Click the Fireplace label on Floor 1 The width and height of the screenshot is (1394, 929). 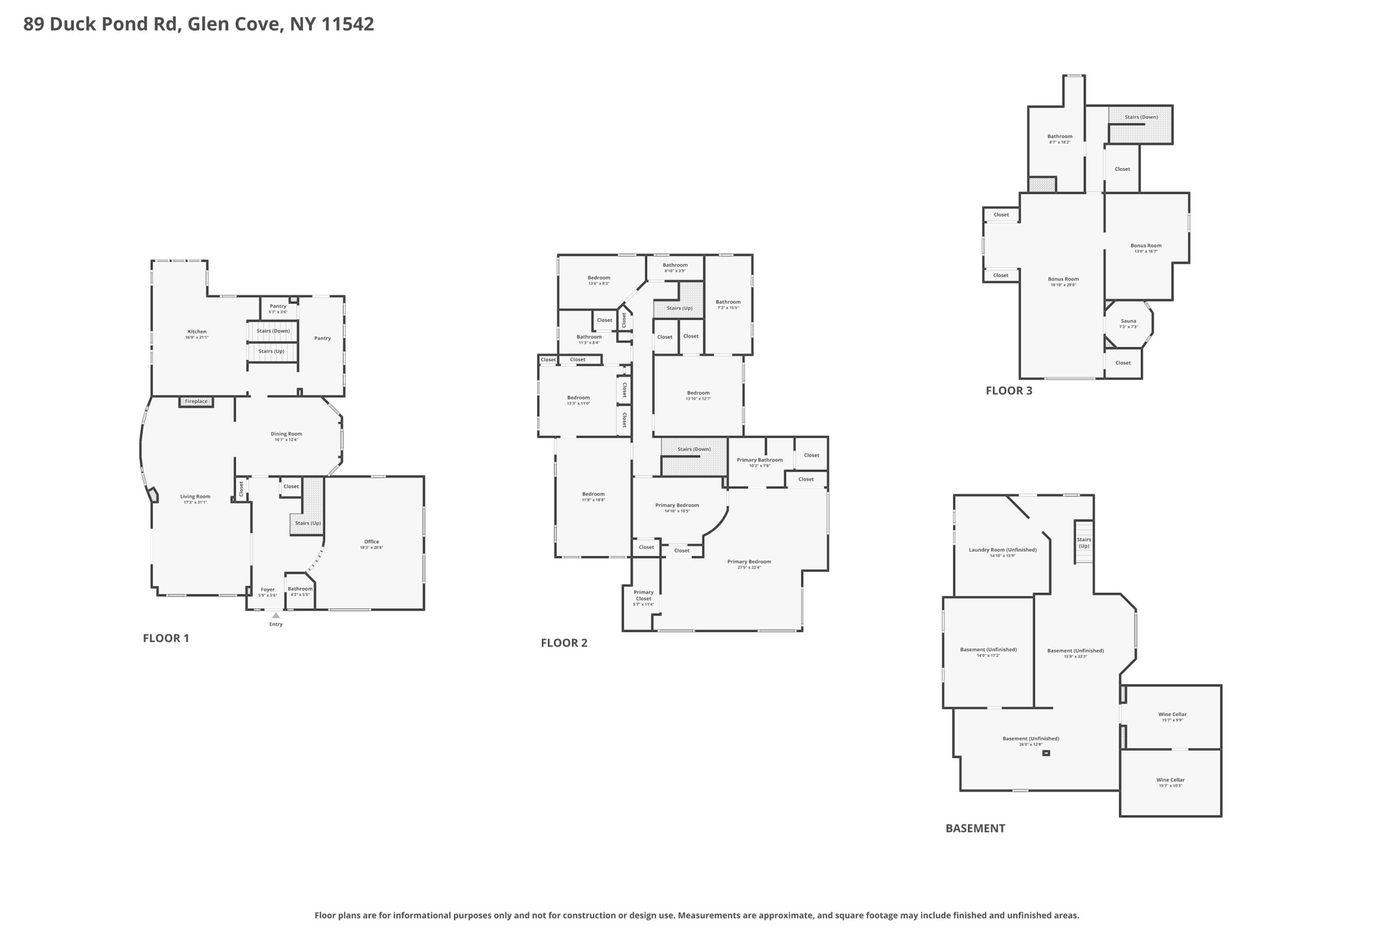(x=196, y=402)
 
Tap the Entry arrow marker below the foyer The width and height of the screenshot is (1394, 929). (x=276, y=616)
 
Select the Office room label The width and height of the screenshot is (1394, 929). (x=372, y=542)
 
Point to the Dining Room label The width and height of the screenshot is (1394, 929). (x=286, y=434)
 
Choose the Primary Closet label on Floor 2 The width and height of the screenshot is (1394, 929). (x=643, y=596)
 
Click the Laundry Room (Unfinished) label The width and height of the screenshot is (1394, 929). (x=1003, y=550)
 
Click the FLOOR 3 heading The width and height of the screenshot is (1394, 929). (x=1009, y=391)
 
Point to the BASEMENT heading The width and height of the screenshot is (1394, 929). (x=975, y=828)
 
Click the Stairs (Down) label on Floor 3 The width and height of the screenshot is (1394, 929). (x=1141, y=117)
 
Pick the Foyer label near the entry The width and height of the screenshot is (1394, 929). (x=268, y=590)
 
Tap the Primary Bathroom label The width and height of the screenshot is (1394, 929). (x=760, y=461)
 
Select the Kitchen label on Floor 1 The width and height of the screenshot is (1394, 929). (x=197, y=332)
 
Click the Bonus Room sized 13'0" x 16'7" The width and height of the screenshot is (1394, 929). (x=1146, y=246)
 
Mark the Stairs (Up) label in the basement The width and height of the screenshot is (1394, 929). (x=1084, y=542)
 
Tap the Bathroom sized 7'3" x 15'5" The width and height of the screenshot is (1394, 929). (x=728, y=303)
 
